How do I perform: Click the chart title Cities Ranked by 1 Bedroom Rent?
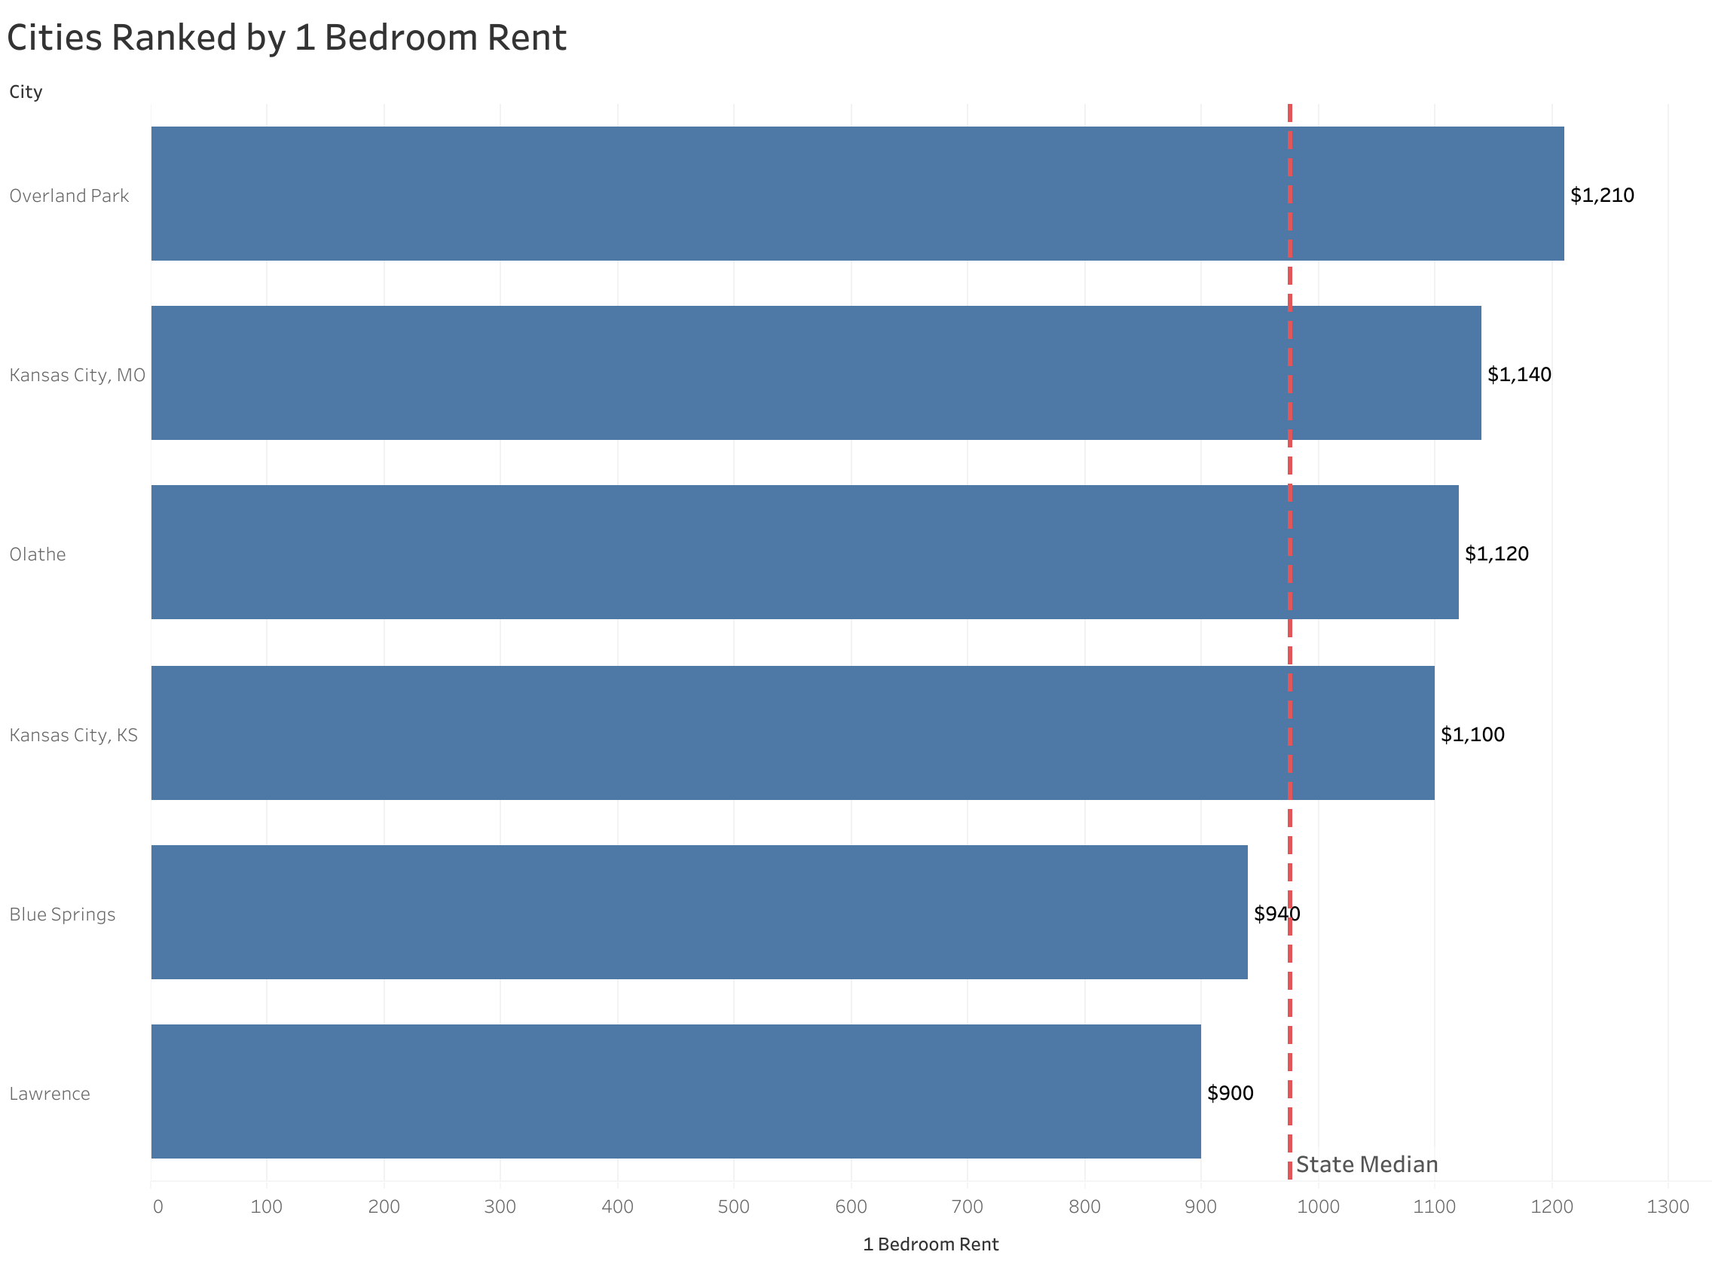pyautogui.click(x=286, y=38)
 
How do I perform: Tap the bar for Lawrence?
pyautogui.click(x=675, y=1091)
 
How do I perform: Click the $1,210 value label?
pyautogui.click(x=1601, y=195)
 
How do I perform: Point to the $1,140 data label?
pyautogui.click(x=1518, y=374)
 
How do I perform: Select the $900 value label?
pyautogui.click(x=1230, y=1092)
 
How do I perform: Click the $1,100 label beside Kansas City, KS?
pyautogui.click(x=1472, y=734)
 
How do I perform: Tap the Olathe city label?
pyautogui.click(x=38, y=554)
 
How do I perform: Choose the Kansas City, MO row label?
pyautogui.click(x=77, y=375)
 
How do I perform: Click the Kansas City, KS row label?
pyautogui.click(x=74, y=734)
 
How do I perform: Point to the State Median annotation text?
pyautogui.click(x=1366, y=1165)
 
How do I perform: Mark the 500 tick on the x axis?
pyautogui.click(x=733, y=1207)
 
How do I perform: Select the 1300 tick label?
pyautogui.click(x=1668, y=1207)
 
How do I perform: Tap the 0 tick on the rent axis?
pyautogui.click(x=157, y=1207)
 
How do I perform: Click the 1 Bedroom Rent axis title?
pyautogui.click(x=931, y=1244)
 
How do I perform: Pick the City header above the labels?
pyautogui.click(x=26, y=92)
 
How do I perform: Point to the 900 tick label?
pyautogui.click(x=1200, y=1207)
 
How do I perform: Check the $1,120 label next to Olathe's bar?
pyautogui.click(x=1496, y=554)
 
